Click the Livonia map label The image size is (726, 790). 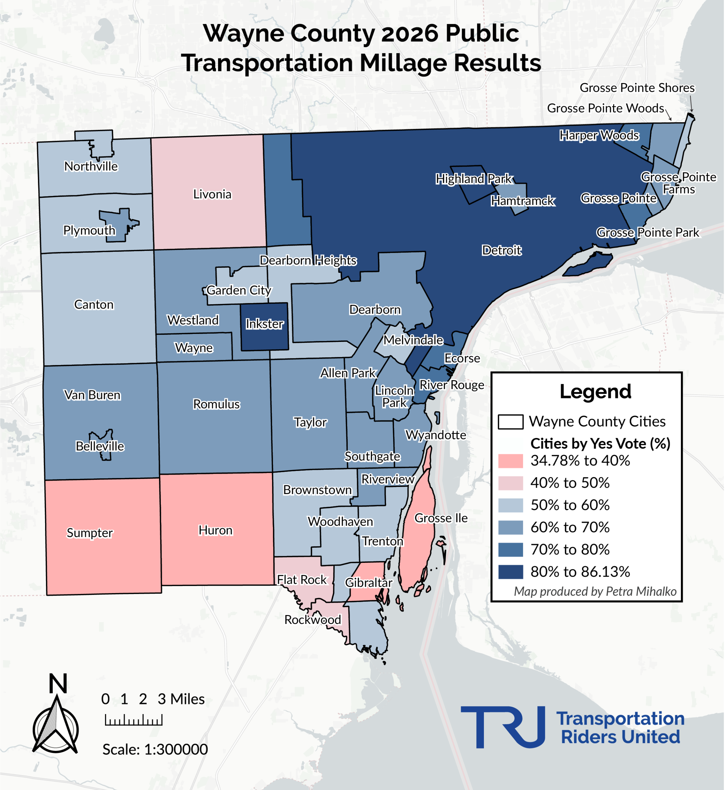pyautogui.click(x=212, y=194)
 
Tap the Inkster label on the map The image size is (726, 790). pyautogui.click(x=265, y=324)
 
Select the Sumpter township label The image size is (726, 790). pyautogui.click(x=90, y=533)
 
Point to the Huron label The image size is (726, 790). pyautogui.click(x=216, y=530)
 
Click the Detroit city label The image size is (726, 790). pyautogui.click(x=502, y=250)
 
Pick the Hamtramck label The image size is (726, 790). pyautogui.click(x=523, y=201)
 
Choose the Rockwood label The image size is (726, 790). pyautogui.click(x=313, y=620)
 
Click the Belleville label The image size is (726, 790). pyautogui.click(x=100, y=447)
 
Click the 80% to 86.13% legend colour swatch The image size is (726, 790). pyautogui.click(x=511, y=572)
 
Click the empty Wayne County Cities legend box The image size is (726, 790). pyautogui.click(x=511, y=422)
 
